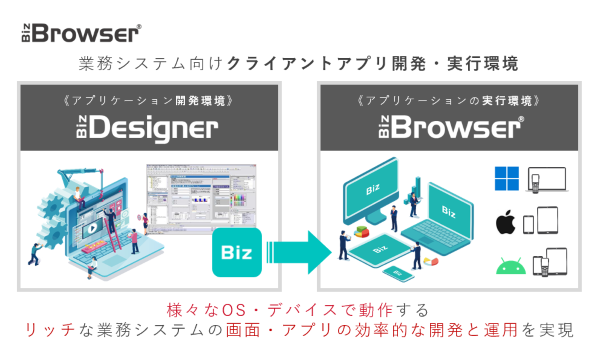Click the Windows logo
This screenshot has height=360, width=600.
pyautogui.click(x=507, y=180)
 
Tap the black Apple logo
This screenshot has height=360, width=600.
pyautogui.click(x=506, y=222)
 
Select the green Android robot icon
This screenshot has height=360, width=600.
pyautogui.click(x=507, y=264)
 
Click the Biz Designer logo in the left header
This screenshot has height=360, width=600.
pyautogui.click(x=146, y=128)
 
